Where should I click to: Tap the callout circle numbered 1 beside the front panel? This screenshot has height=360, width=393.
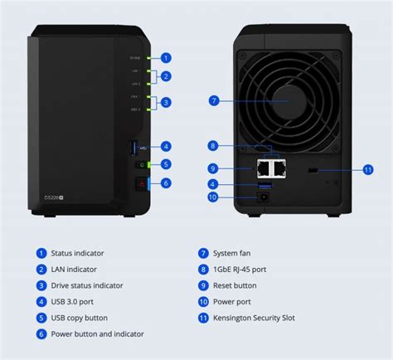click(x=166, y=58)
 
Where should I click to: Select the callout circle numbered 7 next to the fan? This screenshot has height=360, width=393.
click(x=214, y=100)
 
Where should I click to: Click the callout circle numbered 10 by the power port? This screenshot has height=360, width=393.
click(x=214, y=197)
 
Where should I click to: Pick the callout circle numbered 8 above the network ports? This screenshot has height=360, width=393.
click(x=214, y=146)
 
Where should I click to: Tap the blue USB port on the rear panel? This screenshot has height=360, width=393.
click(x=264, y=184)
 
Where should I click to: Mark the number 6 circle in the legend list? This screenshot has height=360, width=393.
click(x=41, y=333)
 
